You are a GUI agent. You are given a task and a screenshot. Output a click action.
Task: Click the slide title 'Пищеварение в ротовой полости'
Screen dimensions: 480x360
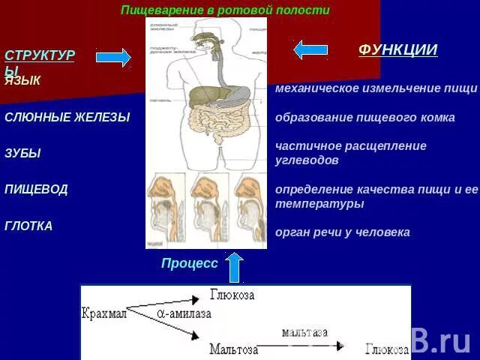click(x=225, y=10)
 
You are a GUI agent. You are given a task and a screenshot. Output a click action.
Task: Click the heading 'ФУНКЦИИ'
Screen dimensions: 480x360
click(x=397, y=50)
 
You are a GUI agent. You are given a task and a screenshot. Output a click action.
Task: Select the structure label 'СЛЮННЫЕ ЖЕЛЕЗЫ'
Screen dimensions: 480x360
click(x=67, y=117)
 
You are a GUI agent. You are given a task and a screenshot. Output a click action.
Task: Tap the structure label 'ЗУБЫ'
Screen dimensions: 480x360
click(x=22, y=153)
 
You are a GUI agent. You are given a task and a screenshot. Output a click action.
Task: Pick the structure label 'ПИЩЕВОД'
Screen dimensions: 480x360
click(x=36, y=189)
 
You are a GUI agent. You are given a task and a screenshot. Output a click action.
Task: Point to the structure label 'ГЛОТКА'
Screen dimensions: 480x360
click(x=28, y=226)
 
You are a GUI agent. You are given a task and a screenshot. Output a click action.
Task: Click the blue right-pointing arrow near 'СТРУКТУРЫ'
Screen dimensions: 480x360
click(x=113, y=57)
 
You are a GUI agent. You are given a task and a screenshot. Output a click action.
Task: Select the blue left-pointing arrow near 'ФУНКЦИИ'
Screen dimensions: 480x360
click(x=310, y=49)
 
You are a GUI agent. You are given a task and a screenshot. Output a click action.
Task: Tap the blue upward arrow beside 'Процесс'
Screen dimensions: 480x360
click(x=235, y=267)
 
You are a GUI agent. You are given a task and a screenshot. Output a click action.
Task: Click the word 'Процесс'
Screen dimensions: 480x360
click(x=189, y=263)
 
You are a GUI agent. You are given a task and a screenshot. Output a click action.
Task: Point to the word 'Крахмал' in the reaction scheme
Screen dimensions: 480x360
click(x=104, y=313)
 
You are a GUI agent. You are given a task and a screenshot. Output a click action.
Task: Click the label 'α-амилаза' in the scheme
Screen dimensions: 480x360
click(x=184, y=314)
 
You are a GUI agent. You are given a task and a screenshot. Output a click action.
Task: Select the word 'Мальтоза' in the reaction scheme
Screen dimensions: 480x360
click(x=234, y=349)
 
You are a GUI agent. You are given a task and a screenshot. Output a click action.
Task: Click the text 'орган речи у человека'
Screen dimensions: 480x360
click(x=343, y=232)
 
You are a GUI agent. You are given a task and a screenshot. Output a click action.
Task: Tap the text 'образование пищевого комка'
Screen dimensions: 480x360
click(x=365, y=118)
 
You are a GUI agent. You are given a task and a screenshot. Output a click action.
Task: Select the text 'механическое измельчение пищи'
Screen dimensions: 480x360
click(x=376, y=88)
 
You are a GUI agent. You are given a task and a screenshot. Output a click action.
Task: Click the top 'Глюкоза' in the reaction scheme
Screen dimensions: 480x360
click(x=232, y=295)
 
